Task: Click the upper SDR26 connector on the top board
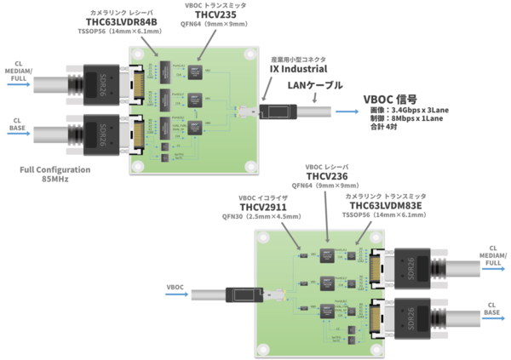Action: tap(103, 83)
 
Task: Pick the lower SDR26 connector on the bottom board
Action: tap(411, 319)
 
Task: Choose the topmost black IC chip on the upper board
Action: tap(194, 72)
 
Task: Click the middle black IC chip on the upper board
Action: tap(194, 100)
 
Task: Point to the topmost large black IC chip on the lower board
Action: tap(328, 257)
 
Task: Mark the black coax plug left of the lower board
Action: tap(242, 294)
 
